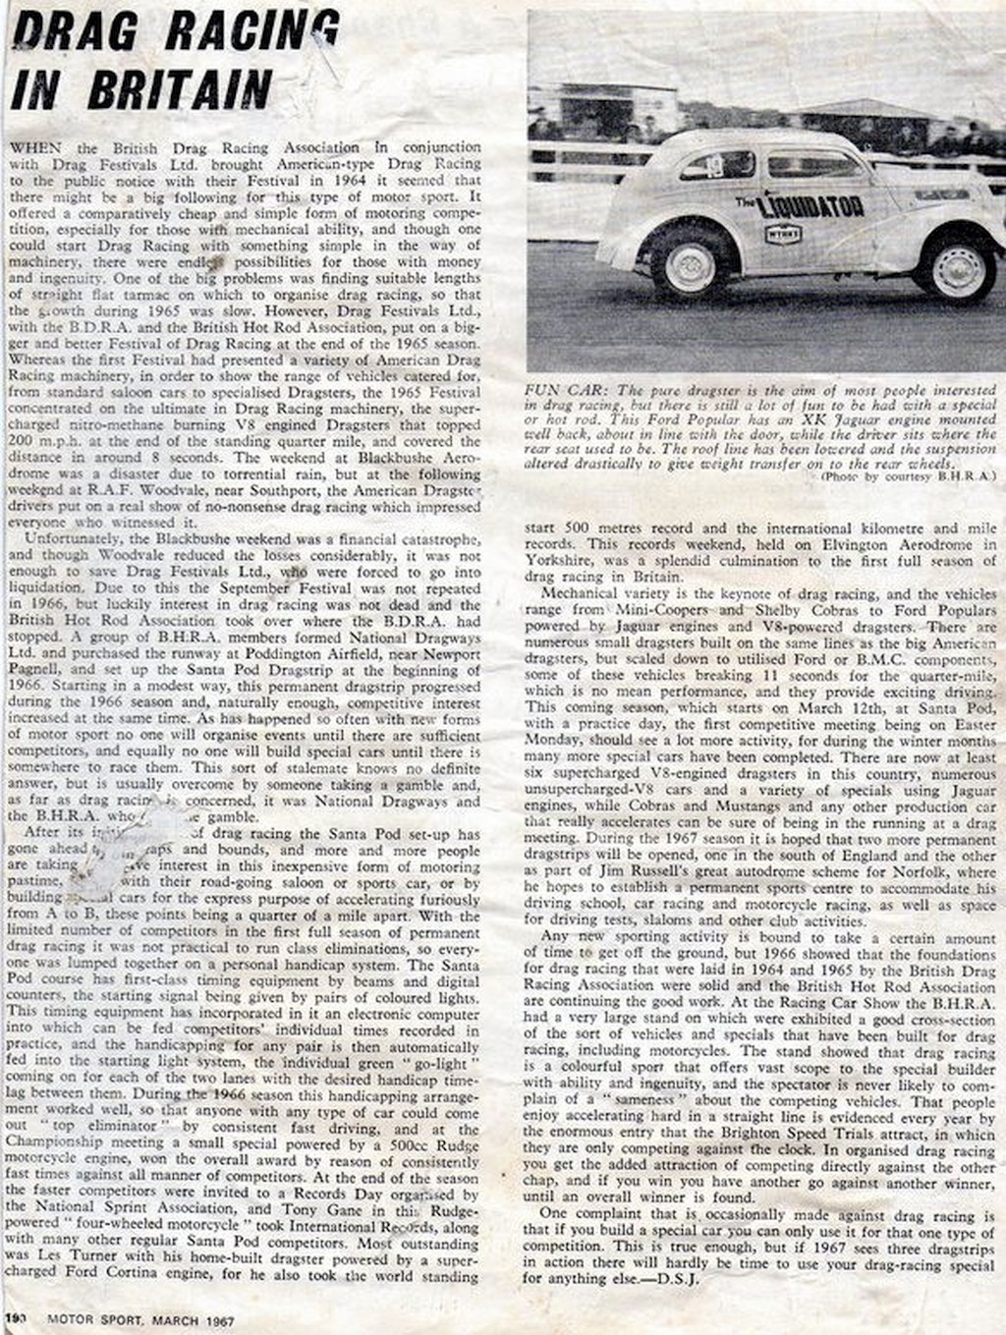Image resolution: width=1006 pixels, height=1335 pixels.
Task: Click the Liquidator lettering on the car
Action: click(x=812, y=205)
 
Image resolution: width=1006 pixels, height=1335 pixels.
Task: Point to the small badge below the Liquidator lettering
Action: click(x=782, y=233)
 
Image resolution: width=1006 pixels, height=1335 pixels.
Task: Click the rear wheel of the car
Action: click(x=690, y=261)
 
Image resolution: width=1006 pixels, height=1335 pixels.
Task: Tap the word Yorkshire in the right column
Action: click(x=557, y=561)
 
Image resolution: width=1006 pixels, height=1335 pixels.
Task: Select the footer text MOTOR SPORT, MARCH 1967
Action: click(x=140, y=1322)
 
